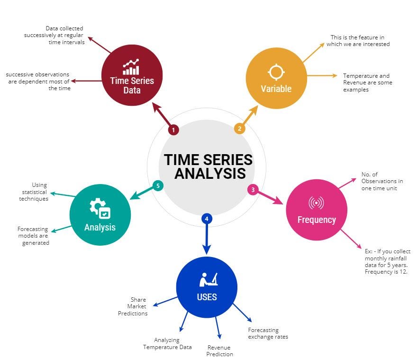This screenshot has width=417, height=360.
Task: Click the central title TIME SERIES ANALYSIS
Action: tap(208, 166)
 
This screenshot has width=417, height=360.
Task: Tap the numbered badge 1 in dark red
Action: tap(173, 129)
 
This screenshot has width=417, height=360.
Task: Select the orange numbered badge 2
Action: tap(240, 129)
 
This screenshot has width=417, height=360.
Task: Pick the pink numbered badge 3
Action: tap(253, 190)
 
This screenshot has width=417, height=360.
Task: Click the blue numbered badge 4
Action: tap(206, 219)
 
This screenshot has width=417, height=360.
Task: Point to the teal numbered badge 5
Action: tap(158, 186)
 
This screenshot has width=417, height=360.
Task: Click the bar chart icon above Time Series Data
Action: tap(131, 67)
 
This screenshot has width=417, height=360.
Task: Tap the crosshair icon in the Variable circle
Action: tap(276, 72)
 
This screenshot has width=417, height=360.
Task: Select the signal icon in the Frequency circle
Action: tap(316, 203)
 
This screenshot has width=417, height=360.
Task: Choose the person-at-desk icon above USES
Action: tap(208, 280)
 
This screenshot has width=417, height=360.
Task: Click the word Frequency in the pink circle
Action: tap(317, 220)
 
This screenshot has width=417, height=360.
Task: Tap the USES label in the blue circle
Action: tap(207, 297)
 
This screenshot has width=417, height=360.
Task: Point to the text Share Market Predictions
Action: tap(133, 306)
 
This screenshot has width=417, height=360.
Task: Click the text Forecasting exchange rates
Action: tap(268, 333)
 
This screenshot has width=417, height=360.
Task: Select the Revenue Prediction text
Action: tap(220, 351)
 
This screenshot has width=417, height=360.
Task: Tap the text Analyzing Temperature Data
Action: tap(168, 343)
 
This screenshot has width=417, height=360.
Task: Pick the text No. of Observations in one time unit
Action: tap(382, 181)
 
